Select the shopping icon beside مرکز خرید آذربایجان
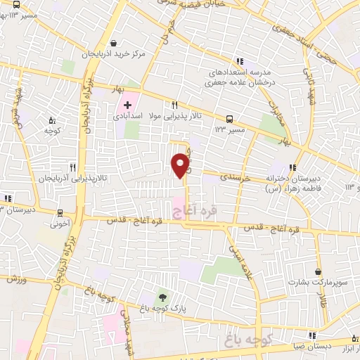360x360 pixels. click(x=114, y=41)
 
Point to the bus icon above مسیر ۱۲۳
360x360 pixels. click(x=229, y=119)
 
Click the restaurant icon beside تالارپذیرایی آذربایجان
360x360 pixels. click(x=72, y=167)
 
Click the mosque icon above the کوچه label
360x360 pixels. click(x=51, y=120)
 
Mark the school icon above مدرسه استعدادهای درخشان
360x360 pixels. click(x=240, y=60)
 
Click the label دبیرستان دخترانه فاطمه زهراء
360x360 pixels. click(x=288, y=183)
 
